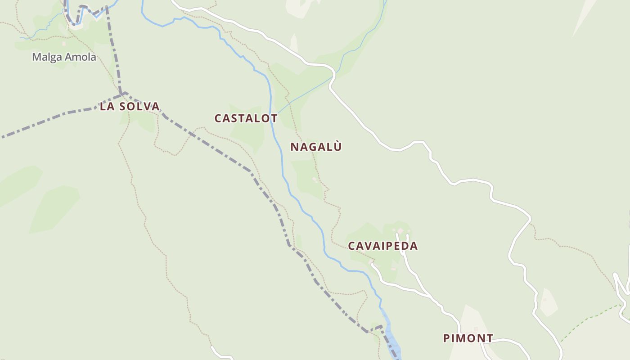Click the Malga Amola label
tap(64, 57)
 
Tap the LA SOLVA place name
tap(130, 107)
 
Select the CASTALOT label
tap(246, 118)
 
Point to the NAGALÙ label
tap(316, 147)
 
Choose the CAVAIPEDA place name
tap(383, 246)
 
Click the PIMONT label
tap(468, 338)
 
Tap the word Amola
tap(81, 57)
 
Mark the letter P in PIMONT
tap(446, 338)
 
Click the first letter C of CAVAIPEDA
tap(352, 246)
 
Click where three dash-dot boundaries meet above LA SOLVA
tap(122, 94)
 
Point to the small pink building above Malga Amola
tap(64, 44)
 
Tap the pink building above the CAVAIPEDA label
tap(400, 231)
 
